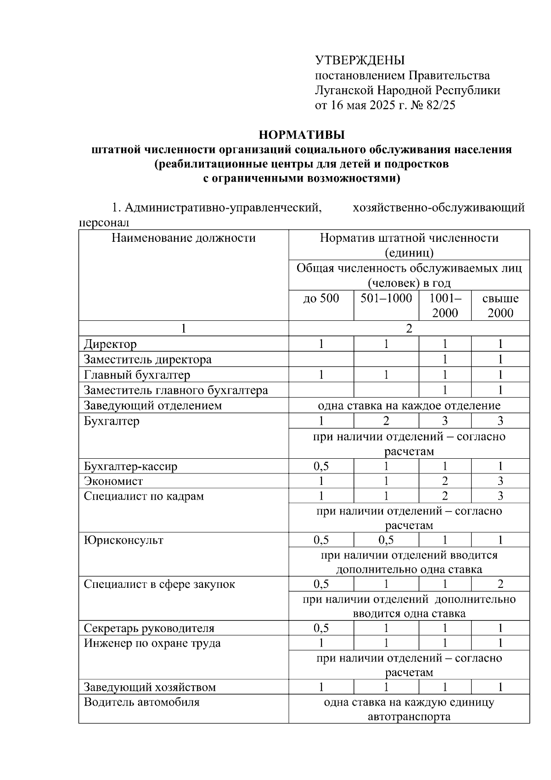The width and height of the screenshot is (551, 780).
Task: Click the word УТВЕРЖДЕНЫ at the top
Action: coord(360,60)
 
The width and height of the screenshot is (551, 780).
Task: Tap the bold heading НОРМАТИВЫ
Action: coord(302,135)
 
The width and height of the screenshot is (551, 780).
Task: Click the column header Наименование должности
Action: coord(183,238)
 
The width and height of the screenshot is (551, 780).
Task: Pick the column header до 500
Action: coord(321,298)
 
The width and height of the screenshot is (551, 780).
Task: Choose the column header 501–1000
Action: coord(386,298)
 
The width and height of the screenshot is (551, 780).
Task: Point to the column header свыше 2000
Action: coord(500,306)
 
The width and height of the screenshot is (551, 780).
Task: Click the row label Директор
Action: coord(110,344)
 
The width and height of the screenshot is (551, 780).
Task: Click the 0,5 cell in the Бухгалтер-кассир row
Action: coord(321,467)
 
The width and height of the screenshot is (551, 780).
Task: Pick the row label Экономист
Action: coord(113,481)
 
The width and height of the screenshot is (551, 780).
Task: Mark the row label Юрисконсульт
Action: coord(124,540)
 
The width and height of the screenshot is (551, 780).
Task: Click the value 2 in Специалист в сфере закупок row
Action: coord(500,584)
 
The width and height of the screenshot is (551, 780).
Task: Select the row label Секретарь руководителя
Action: coord(149,628)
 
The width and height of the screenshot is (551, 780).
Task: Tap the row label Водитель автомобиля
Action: coord(141,702)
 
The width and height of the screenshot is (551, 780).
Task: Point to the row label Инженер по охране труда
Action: coord(152,643)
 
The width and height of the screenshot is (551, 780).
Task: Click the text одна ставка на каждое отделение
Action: coord(409,406)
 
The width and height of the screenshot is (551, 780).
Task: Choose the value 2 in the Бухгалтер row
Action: coord(386,421)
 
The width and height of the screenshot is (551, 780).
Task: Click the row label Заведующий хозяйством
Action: coord(150,688)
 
